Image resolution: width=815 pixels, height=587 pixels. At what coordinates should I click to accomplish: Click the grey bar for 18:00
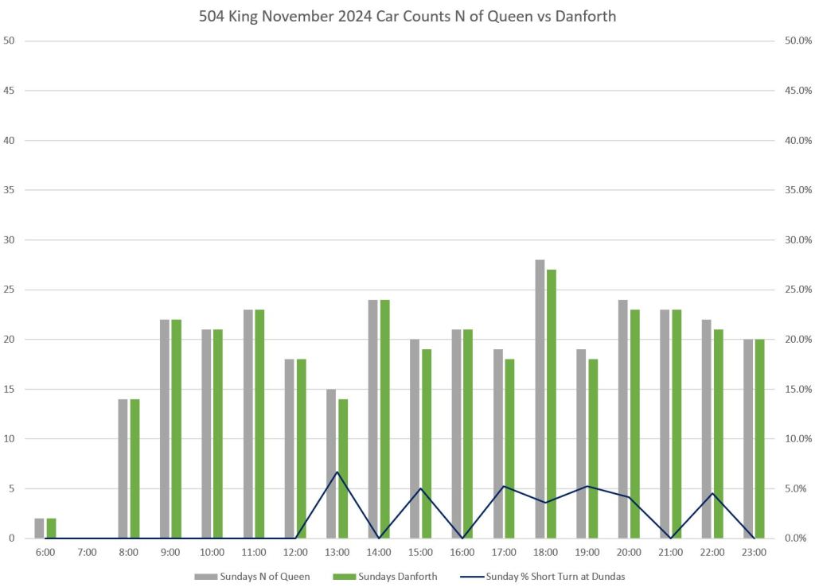[540, 398]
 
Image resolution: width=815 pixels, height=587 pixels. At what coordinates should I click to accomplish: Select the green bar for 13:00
[343, 468]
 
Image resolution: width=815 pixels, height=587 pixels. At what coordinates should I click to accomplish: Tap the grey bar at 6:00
[39, 528]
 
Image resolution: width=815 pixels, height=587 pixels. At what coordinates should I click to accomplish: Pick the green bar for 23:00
[760, 438]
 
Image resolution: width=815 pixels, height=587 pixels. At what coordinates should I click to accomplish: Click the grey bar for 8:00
[123, 468]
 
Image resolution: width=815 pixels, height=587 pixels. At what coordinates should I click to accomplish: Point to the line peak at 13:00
[337, 472]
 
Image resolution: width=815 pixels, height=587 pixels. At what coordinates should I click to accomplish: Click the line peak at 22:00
[712, 493]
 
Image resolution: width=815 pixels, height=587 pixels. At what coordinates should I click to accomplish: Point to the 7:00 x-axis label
[87, 552]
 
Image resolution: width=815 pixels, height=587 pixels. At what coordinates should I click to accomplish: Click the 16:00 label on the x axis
[462, 552]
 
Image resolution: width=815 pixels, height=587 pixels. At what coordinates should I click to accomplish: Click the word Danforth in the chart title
[585, 17]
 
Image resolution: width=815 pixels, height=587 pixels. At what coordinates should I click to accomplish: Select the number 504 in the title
[213, 17]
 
